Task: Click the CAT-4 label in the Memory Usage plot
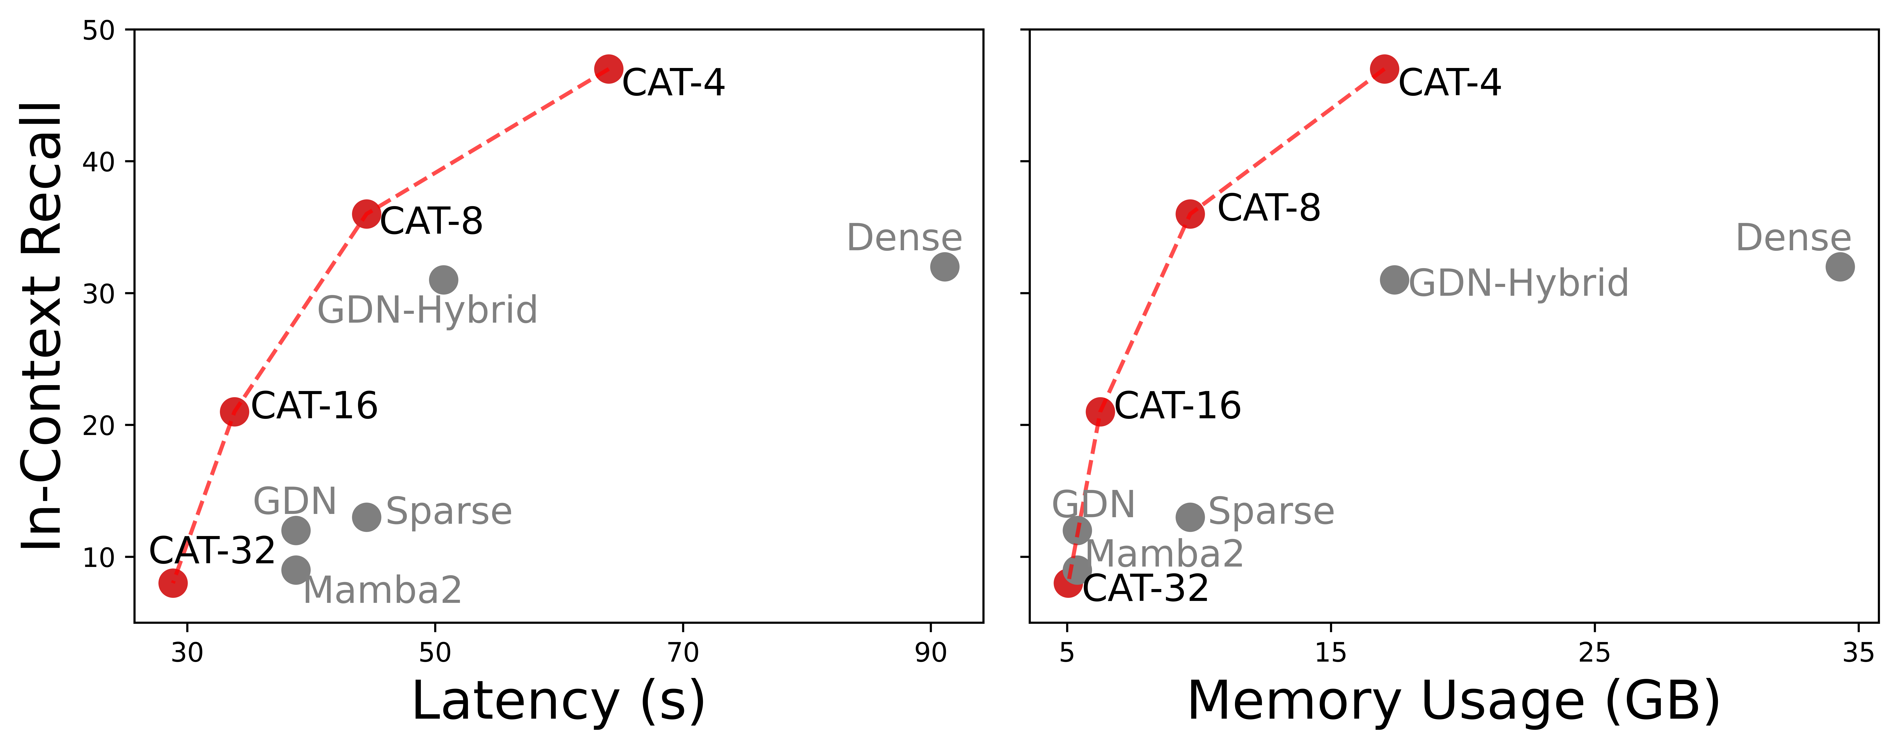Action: click(x=1449, y=83)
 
